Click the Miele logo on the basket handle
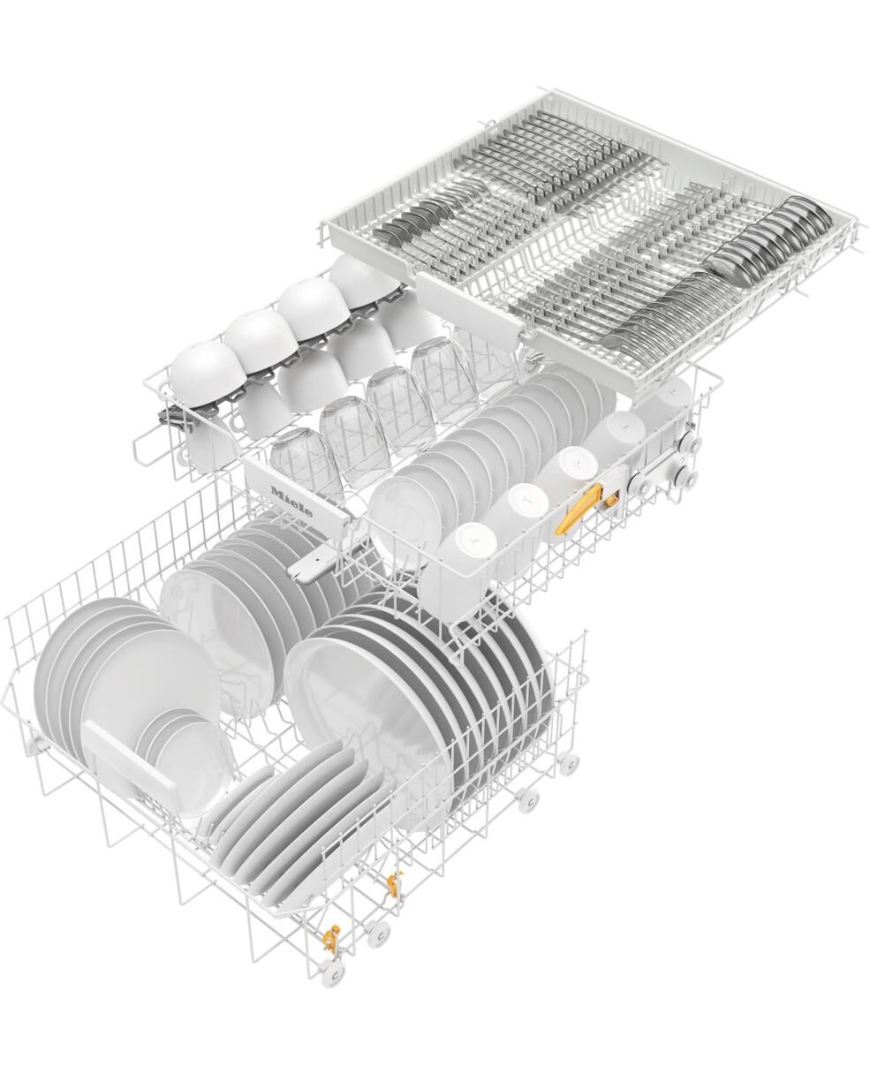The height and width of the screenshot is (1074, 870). tap(291, 501)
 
